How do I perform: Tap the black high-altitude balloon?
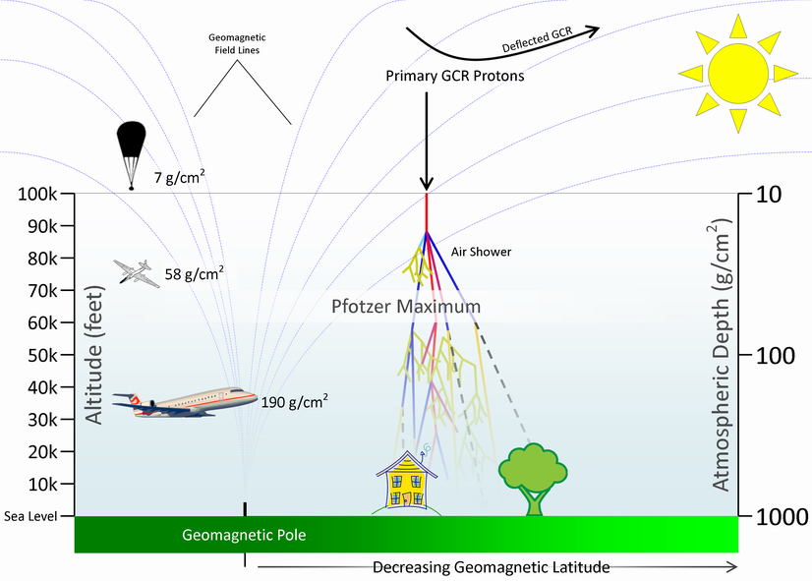click(131, 146)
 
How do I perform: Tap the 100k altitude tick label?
click(39, 194)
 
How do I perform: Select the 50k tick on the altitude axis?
click(44, 355)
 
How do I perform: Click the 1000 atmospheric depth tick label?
click(782, 516)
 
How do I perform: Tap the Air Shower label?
click(481, 251)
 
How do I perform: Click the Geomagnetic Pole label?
click(245, 536)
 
